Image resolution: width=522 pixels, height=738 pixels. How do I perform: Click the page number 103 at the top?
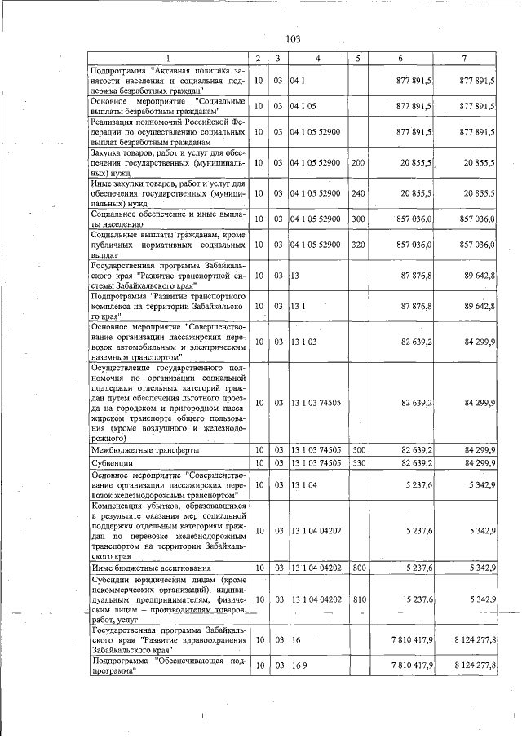click(x=294, y=38)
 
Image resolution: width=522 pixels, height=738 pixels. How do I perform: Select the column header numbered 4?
click(x=317, y=59)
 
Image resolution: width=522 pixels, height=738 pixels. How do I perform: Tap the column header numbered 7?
click(x=463, y=59)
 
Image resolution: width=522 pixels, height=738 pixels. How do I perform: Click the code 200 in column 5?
click(x=357, y=163)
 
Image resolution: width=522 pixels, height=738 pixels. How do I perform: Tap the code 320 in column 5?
click(x=357, y=245)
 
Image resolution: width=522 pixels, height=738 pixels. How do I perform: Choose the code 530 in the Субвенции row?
click(x=357, y=463)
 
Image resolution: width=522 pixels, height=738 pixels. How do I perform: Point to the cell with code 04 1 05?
click(x=303, y=107)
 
